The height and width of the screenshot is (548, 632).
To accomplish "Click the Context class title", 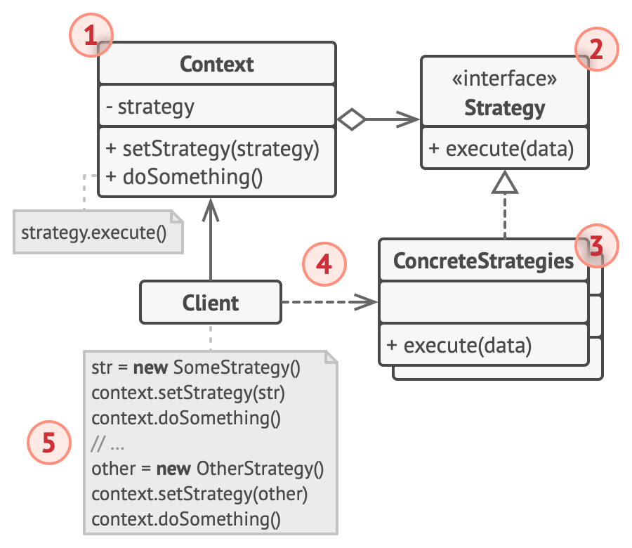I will coord(216,65).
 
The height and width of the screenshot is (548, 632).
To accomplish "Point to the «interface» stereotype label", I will coord(504,79).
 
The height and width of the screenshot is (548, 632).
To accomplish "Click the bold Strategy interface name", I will coord(504,107).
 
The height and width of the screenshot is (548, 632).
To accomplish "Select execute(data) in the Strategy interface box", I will coord(500,149).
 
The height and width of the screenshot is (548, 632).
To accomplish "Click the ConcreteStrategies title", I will coord(483,261).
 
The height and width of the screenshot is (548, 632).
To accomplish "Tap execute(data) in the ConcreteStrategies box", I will coord(458,345).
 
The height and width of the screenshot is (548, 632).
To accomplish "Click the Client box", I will coord(211,303).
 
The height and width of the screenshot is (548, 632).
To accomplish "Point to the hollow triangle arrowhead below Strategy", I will coord(504,184).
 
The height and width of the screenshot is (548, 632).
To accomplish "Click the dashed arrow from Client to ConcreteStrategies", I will coord(330,303).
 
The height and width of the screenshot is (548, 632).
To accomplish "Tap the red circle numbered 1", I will coord(90,37).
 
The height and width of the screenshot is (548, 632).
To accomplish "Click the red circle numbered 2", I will coord(597,49).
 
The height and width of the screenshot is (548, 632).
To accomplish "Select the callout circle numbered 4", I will coord(324,265).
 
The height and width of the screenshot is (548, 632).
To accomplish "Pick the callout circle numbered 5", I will coord(48,442).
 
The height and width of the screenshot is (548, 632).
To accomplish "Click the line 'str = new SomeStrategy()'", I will coord(196,367).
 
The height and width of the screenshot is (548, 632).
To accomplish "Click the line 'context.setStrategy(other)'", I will coord(199,494).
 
